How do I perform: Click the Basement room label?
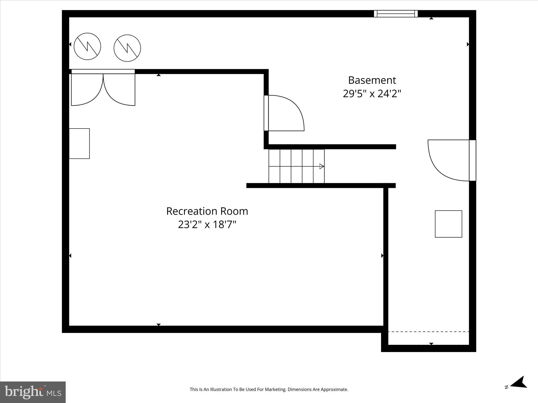(372, 80)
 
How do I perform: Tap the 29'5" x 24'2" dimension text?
(372, 94)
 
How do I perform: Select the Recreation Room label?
(207, 211)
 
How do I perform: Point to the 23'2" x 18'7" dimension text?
(207, 225)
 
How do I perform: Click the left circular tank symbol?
(87, 46)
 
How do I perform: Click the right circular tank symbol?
(127, 48)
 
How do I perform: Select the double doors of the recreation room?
(103, 89)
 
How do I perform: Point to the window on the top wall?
(396, 14)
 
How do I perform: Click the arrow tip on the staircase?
(322, 166)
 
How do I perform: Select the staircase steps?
(296, 166)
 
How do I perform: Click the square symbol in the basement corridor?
(448, 224)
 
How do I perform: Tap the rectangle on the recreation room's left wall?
(79, 144)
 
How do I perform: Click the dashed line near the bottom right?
(428, 332)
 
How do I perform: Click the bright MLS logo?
(33, 392)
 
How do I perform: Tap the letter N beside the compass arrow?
(506, 394)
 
